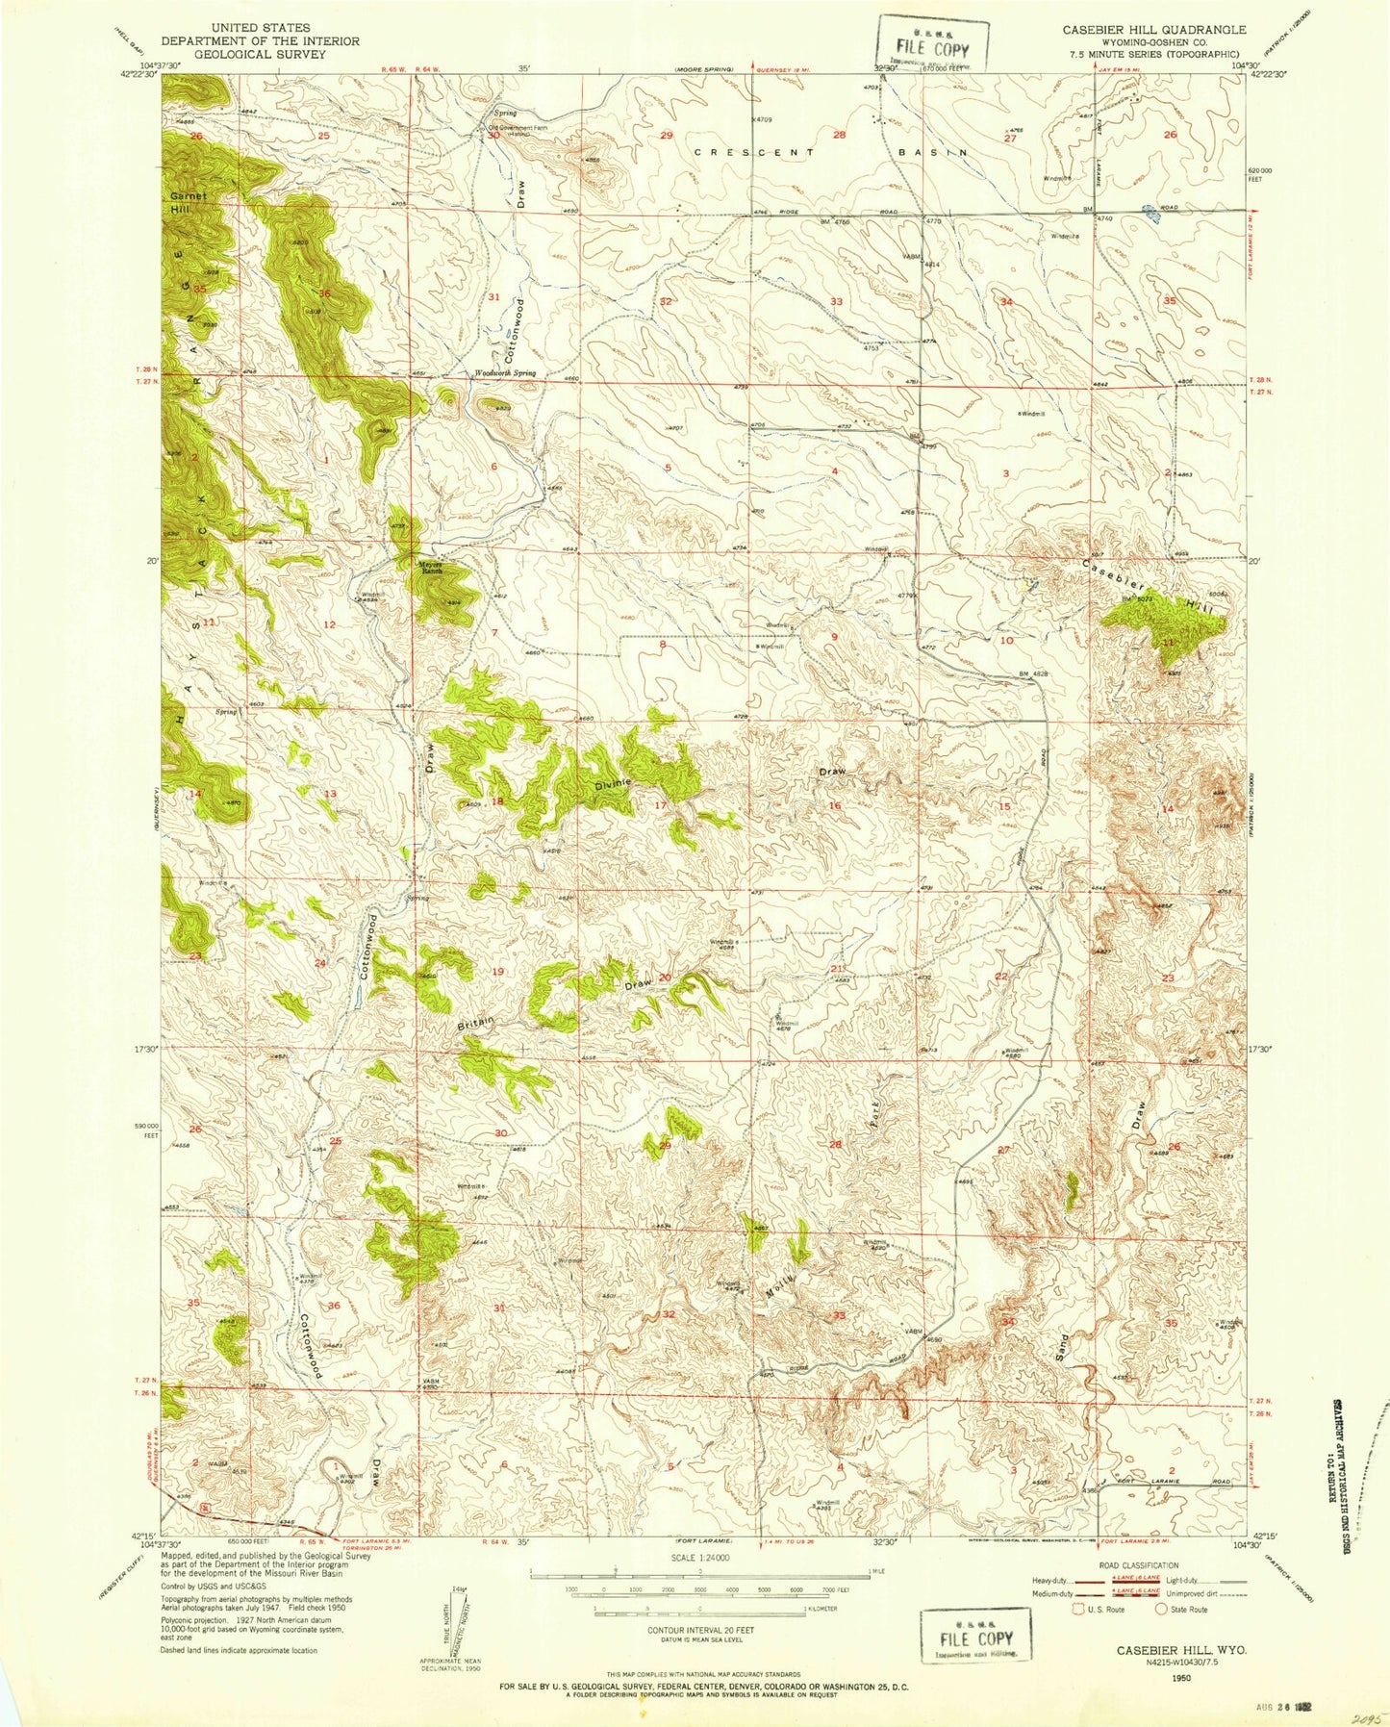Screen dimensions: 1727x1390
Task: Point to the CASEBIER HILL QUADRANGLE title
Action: (1153, 30)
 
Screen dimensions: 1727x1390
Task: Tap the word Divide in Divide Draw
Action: (613, 785)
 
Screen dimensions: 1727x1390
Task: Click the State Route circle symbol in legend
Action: (1161, 1609)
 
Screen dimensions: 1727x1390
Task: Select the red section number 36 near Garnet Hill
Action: (325, 293)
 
